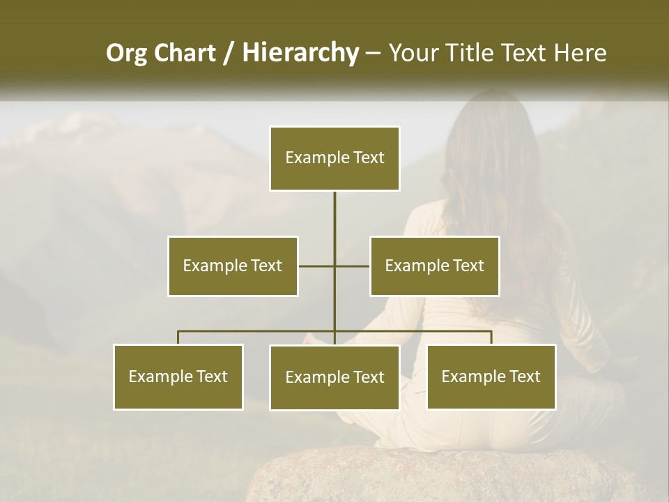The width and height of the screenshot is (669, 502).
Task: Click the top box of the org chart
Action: (x=334, y=158)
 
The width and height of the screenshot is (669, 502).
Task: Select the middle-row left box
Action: (x=233, y=266)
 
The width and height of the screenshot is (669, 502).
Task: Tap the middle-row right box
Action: (x=434, y=266)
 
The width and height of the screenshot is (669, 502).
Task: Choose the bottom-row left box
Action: (x=178, y=376)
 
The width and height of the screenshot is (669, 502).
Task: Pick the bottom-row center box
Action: (x=334, y=377)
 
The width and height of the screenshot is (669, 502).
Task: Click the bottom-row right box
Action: (x=491, y=376)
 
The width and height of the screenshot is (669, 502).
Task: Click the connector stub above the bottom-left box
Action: (x=178, y=337)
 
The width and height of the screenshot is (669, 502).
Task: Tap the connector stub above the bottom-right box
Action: (x=491, y=337)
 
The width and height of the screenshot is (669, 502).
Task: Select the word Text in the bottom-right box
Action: (x=525, y=376)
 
